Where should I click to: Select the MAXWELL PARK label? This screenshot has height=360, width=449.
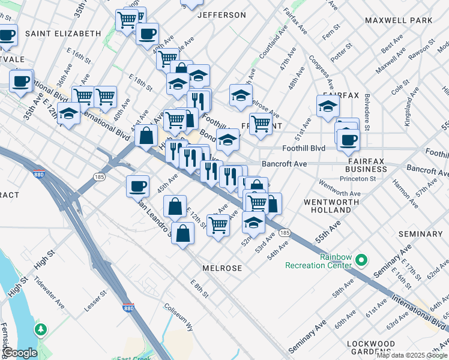coord(399,20)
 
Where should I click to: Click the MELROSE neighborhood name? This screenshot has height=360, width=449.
coord(222,268)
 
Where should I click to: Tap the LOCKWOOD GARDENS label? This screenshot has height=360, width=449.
coord(370,348)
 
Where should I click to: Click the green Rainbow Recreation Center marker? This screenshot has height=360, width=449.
coord(361,260)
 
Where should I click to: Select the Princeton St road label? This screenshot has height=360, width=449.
coord(358,178)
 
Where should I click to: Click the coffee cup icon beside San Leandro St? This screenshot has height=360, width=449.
coord(138,185)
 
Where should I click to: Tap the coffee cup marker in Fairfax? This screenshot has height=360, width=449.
coord(348,140)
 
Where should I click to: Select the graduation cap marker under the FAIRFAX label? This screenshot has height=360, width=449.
coord(328,106)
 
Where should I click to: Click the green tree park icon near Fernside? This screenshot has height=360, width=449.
coord(41,329)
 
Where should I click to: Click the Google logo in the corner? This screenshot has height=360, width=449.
coord(20,353)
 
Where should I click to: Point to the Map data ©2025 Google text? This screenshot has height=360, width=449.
coord(411,355)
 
